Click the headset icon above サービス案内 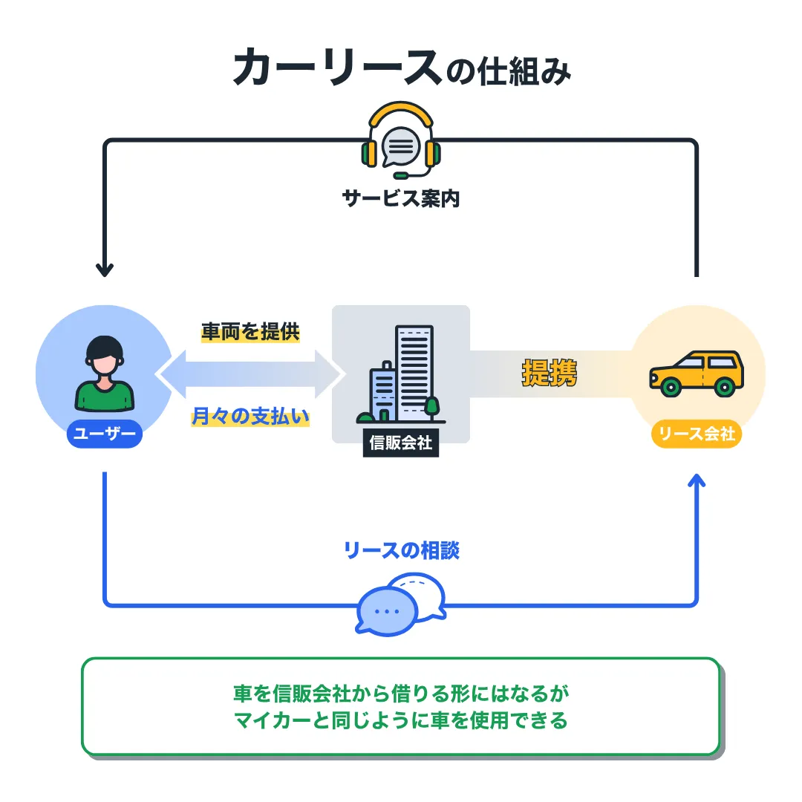click(x=401, y=141)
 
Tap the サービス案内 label click(x=401, y=198)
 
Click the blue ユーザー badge click(x=104, y=434)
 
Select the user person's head click(x=104, y=355)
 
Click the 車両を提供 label click(x=250, y=331)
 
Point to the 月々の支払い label click(x=250, y=417)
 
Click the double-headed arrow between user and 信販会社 click(x=250, y=374)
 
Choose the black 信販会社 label click(x=401, y=443)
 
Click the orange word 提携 click(x=550, y=374)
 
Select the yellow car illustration click(x=696, y=372)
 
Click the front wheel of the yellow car click(x=671, y=386)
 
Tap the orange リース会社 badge click(x=697, y=434)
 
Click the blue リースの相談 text click(x=401, y=550)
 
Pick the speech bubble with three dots click(x=386, y=610)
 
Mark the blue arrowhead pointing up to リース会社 click(x=697, y=482)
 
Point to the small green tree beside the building click(x=431, y=407)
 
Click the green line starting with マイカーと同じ click(x=401, y=720)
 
